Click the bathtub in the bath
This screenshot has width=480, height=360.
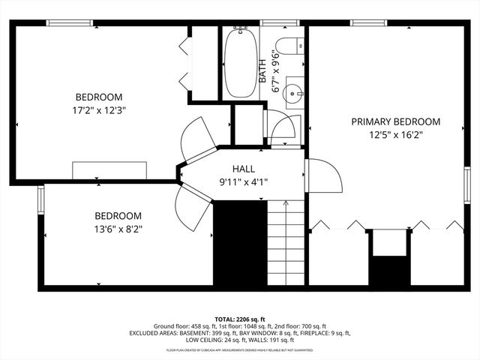point(241,64)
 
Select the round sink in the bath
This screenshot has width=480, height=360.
point(293,95)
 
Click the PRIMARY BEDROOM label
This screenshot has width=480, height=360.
point(396,121)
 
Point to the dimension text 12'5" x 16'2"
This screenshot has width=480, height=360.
point(396,136)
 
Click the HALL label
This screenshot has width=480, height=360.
point(243,168)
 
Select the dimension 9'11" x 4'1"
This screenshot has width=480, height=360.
point(243,181)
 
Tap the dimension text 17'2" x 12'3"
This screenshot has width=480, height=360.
point(99,110)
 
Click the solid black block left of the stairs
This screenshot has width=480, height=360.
point(241,243)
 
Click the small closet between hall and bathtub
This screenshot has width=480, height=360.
point(244,124)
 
